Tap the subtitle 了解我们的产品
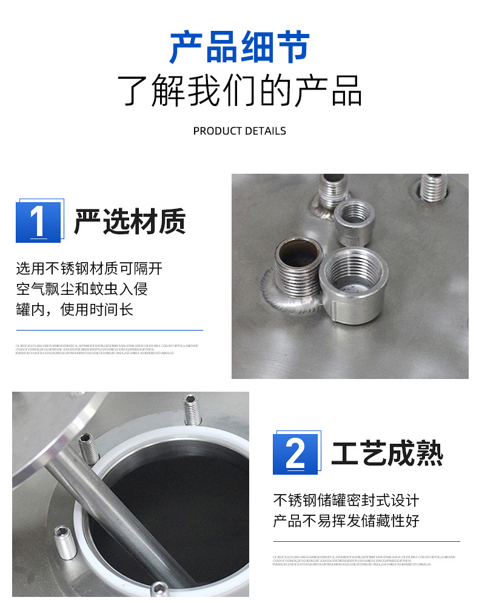click(x=239, y=91)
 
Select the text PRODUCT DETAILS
click(x=239, y=131)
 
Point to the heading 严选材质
click(x=130, y=222)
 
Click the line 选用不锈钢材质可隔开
click(x=89, y=269)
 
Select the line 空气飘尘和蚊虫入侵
click(x=82, y=289)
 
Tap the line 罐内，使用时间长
click(x=74, y=309)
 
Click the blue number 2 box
click(x=295, y=454)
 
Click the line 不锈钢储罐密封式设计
click(x=346, y=501)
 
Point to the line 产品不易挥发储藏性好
click(x=346, y=521)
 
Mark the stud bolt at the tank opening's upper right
click(x=192, y=410)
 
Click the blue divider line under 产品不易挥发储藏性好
click(x=366, y=541)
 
